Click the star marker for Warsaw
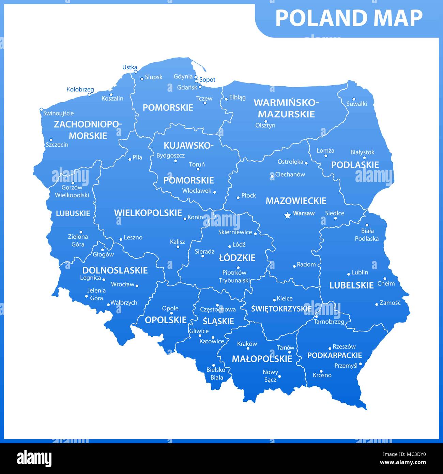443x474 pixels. (x=288, y=215)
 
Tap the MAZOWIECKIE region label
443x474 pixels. (x=296, y=201)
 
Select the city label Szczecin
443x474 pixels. (x=57, y=145)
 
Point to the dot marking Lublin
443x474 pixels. (x=349, y=274)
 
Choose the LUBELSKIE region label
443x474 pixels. (x=351, y=285)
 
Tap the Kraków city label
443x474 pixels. (x=247, y=344)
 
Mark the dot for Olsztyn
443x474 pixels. (x=266, y=121)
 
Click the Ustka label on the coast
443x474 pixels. (x=129, y=67)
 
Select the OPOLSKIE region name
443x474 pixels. (x=166, y=320)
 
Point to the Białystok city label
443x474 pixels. (x=362, y=152)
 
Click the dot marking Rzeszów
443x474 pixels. (x=330, y=349)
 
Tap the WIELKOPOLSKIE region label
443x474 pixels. (x=148, y=213)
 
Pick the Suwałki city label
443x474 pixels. (x=356, y=104)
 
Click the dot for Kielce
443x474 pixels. (x=274, y=300)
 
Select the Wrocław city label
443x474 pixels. (x=123, y=284)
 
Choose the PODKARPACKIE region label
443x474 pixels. (x=334, y=355)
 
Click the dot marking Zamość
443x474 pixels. (x=377, y=304)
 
